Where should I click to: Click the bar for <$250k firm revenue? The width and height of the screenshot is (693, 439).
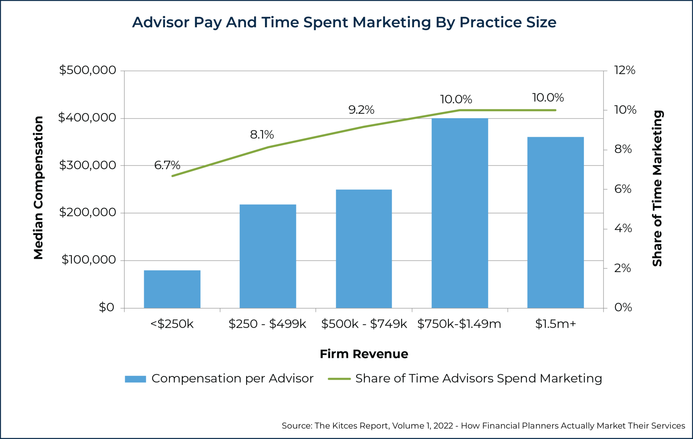(172, 289)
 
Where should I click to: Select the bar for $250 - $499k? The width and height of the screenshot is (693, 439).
(267, 256)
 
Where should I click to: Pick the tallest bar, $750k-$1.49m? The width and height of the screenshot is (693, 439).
(459, 213)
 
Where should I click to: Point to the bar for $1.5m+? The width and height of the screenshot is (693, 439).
(555, 222)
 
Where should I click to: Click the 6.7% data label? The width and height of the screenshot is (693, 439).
(167, 165)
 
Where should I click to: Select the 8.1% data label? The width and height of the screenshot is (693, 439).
(262, 134)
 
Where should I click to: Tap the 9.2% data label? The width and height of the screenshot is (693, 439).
(361, 110)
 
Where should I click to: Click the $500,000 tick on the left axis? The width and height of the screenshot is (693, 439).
(87, 70)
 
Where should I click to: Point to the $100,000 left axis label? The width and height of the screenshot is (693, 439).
(88, 260)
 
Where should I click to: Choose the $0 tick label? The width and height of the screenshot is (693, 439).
(106, 307)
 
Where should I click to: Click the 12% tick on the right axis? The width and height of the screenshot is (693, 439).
(624, 70)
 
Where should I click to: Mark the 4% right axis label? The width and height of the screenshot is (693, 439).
(623, 228)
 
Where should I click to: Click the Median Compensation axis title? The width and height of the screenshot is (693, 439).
(38, 187)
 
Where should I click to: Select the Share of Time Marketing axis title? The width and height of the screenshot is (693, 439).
(657, 188)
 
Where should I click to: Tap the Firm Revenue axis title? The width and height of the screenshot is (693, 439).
(363, 354)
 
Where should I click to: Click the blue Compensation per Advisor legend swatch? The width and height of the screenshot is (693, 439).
(135, 379)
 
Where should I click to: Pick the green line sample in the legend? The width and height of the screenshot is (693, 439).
(339, 379)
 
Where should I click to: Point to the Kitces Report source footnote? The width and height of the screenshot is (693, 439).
(483, 425)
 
